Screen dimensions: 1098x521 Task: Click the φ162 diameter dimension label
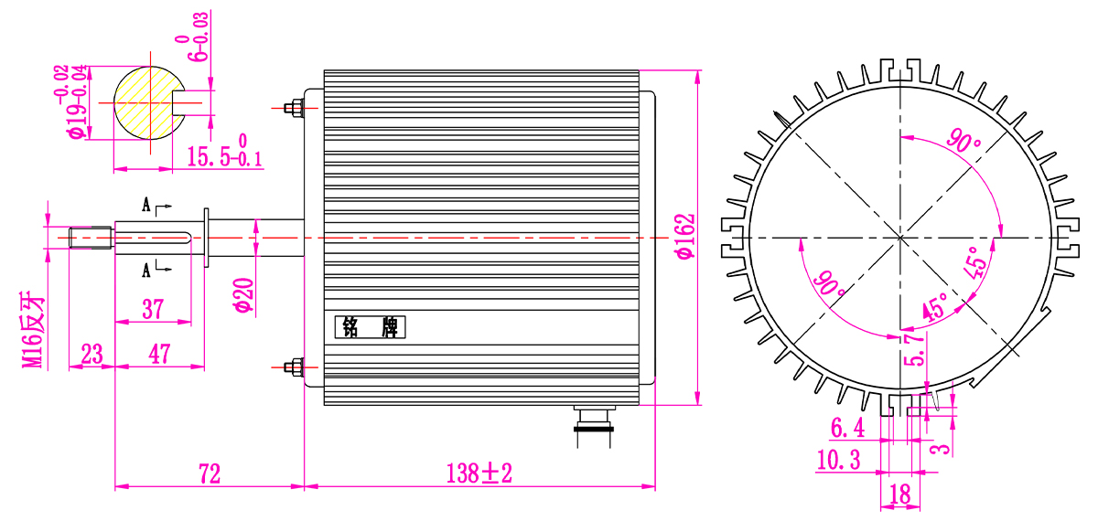(685, 237)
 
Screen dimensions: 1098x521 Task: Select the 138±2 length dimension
(479, 473)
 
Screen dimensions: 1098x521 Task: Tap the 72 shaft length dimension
(210, 473)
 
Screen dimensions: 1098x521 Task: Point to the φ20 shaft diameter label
(244, 294)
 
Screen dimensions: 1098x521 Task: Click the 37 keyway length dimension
(153, 310)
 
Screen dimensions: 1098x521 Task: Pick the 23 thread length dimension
(91, 354)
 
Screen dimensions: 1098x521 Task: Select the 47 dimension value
(159, 354)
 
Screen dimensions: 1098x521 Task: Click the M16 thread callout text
(32, 331)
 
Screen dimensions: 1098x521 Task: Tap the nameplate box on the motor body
(370, 327)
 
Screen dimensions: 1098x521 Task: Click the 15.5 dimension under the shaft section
(225, 153)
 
